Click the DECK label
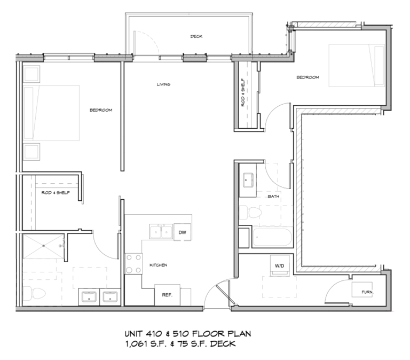click(x=196, y=36)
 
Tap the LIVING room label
click(x=163, y=84)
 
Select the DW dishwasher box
click(x=182, y=232)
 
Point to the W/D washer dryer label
click(x=279, y=265)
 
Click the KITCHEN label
click(x=159, y=265)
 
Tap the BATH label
click(x=273, y=197)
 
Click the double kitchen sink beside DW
click(x=161, y=232)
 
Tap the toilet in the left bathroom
click(x=31, y=293)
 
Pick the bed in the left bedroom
click(x=52, y=113)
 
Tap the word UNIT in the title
click(x=136, y=333)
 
